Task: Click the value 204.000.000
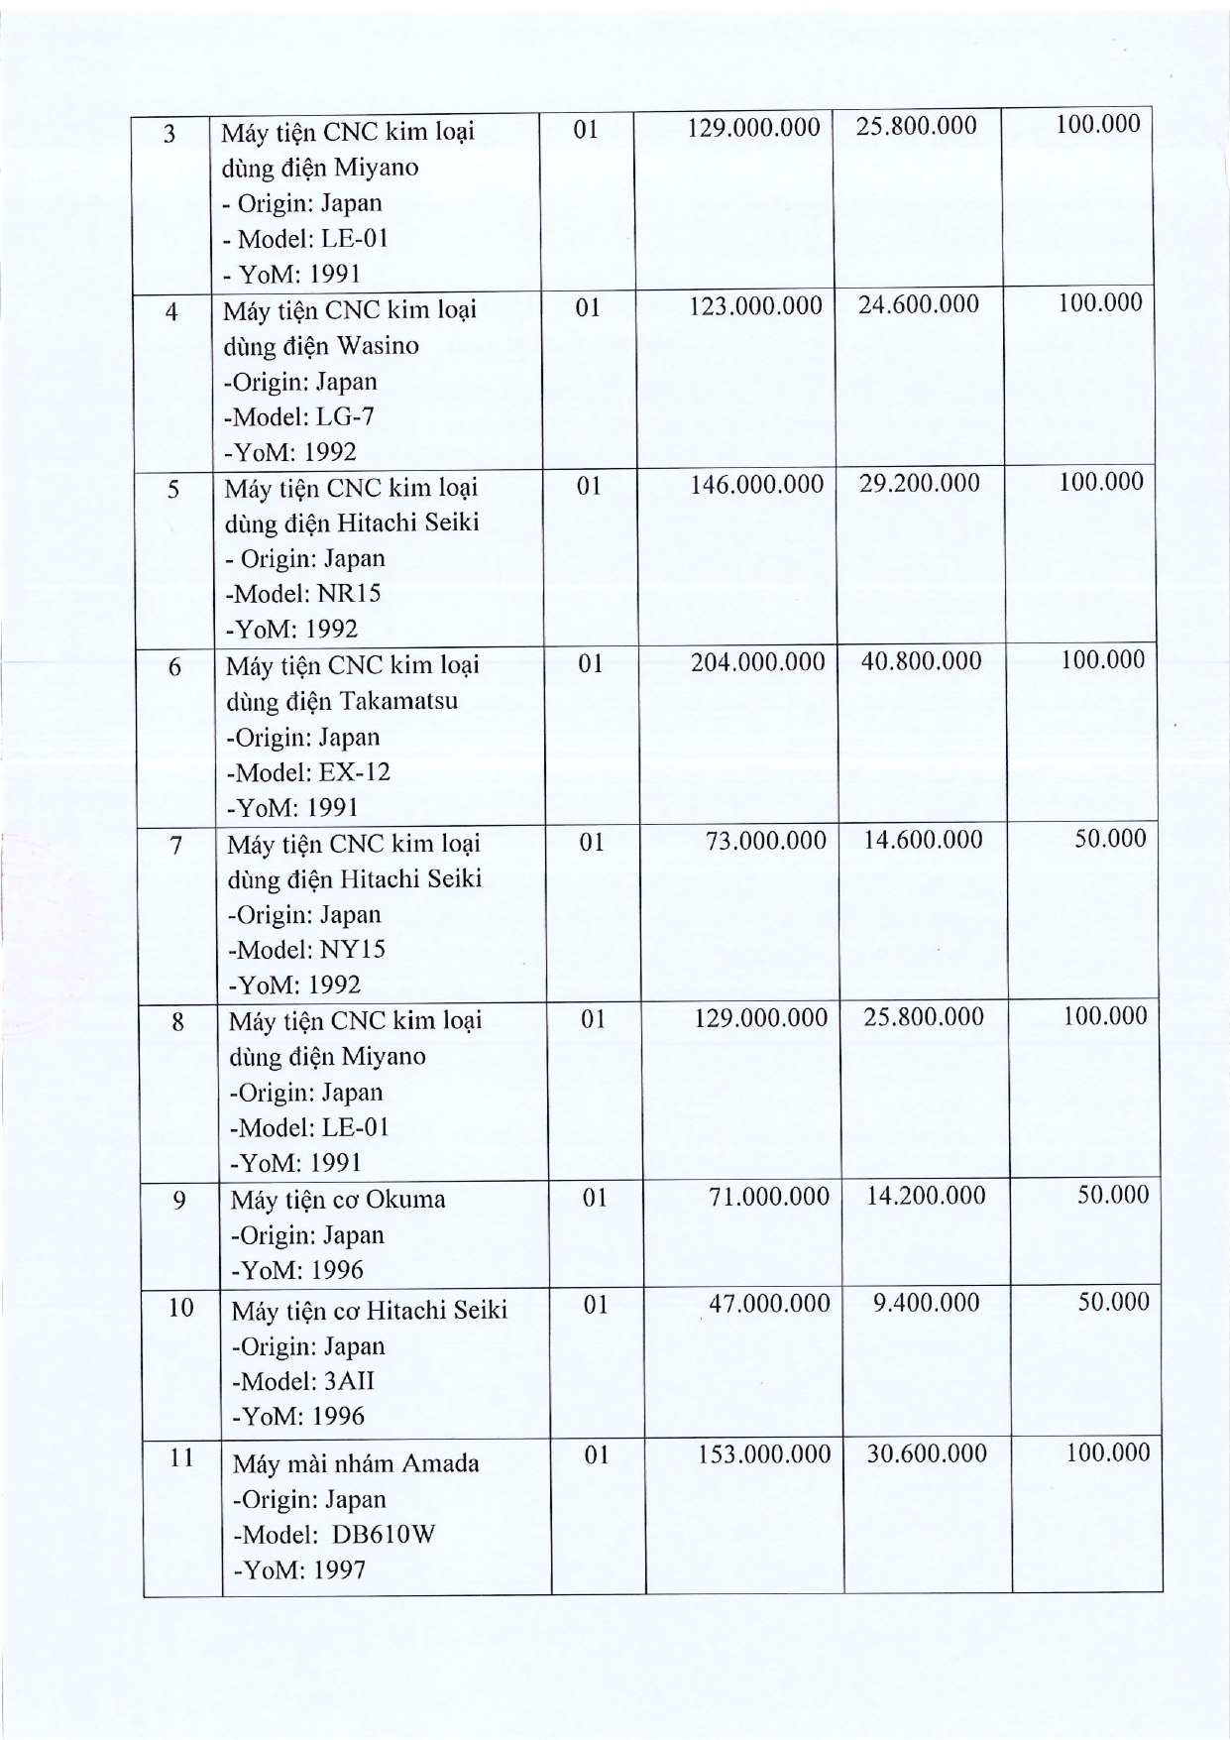(757, 662)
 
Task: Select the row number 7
(175, 846)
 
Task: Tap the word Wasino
(378, 346)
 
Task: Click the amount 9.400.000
(926, 1302)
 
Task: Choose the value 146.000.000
(756, 484)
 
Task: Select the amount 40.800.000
(921, 661)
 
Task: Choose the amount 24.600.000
(918, 304)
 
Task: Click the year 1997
(340, 1570)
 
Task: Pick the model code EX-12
(354, 772)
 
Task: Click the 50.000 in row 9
(1112, 1195)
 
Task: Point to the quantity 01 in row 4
(588, 308)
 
